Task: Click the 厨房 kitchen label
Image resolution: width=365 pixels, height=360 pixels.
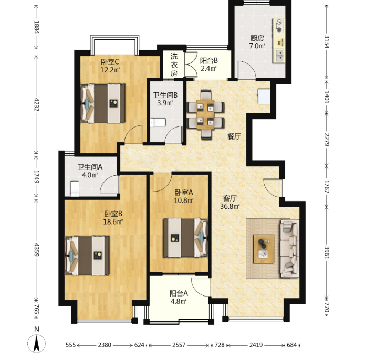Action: point(257,38)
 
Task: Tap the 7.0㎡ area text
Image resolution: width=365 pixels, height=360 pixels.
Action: point(257,46)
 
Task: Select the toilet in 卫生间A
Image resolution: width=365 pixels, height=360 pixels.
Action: point(75,188)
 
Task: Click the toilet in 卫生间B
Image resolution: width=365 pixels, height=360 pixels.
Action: point(158,123)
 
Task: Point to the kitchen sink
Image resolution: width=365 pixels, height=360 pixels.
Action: point(279,56)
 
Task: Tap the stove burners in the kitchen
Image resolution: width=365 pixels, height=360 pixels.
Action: point(279,26)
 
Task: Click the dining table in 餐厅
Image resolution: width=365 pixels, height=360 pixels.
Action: point(205,114)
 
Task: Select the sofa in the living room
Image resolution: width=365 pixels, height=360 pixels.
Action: point(289,248)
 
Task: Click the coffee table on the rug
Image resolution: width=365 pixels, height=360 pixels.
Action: point(264,249)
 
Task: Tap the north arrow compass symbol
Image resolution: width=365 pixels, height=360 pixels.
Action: point(37,343)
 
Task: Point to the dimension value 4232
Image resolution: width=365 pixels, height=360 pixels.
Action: point(37,104)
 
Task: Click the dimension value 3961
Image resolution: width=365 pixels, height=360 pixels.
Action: point(327,252)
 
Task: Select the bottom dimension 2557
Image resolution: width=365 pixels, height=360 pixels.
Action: point(179,345)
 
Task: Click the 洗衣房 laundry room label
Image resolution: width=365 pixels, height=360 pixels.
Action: point(174,65)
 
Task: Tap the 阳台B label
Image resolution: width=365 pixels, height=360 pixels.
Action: point(209,61)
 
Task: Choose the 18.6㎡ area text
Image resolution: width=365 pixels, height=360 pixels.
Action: point(113,221)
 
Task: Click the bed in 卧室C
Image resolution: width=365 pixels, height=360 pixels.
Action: point(102,103)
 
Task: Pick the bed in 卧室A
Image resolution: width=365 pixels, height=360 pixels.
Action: point(185,238)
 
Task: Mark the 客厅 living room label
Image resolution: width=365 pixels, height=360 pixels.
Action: point(230,198)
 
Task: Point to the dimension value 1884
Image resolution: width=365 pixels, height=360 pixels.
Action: point(37,27)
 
